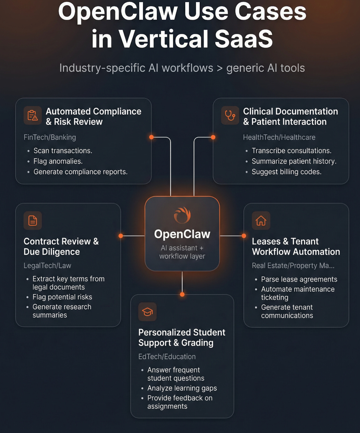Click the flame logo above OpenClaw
coord(182,215)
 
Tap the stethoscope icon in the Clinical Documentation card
coord(230,115)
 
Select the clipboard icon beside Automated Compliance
coord(33,115)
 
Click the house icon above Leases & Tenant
coord(261,221)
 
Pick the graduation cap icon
coord(147,311)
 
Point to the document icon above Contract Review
coord(33,221)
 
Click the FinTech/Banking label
coord(50,137)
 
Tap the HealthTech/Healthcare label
coord(279,137)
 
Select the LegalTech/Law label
coord(47,266)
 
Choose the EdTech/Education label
coord(167,357)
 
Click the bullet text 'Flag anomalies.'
coord(58,161)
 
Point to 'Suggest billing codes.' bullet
coord(287,172)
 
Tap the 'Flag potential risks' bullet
coord(62,297)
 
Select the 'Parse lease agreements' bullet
coord(299,280)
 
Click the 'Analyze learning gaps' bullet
coord(182,388)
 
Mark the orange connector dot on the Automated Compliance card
coord(151,137)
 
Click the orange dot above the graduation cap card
coord(182,294)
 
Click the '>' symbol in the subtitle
coord(220,68)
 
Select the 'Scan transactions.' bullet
coord(63,151)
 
